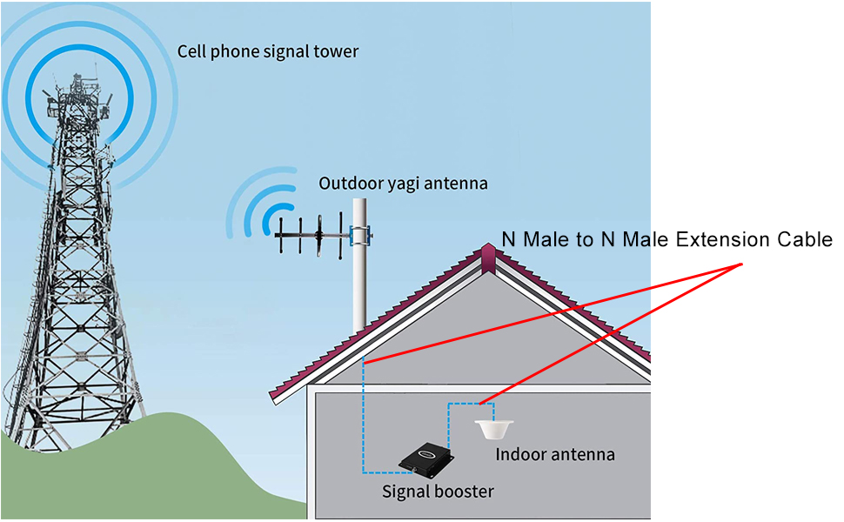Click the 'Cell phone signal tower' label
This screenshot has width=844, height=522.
click(x=268, y=51)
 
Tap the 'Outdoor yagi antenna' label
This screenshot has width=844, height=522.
click(x=403, y=184)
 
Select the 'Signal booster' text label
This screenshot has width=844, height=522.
click(x=438, y=492)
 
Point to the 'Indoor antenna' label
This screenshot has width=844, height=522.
click(x=555, y=454)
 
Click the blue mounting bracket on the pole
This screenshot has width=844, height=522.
click(x=360, y=234)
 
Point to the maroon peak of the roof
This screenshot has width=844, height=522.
click(x=489, y=255)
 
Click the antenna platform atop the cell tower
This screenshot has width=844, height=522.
click(x=79, y=96)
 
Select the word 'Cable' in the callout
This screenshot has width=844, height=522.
click(x=806, y=239)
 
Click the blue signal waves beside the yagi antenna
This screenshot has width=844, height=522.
click(x=261, y=209)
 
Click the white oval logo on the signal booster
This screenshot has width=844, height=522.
click(x=425, y=452)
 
